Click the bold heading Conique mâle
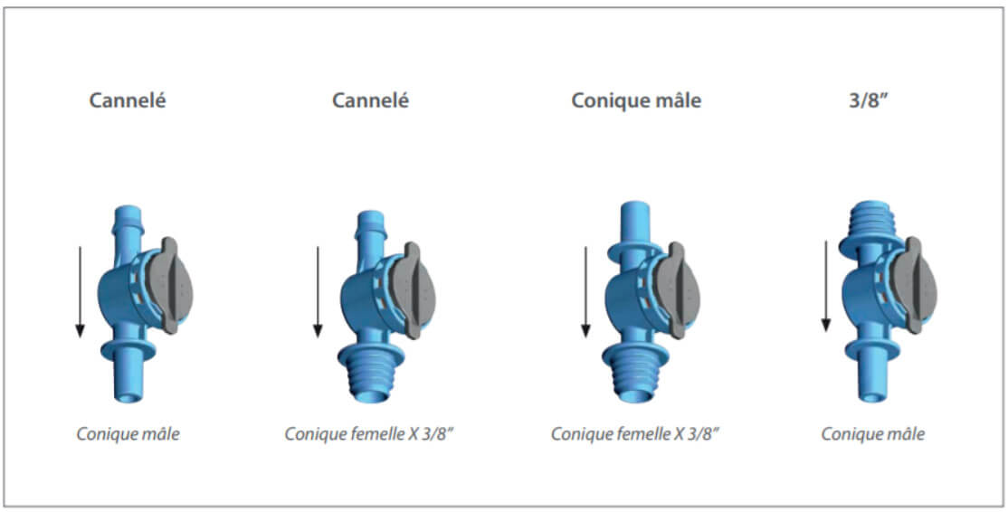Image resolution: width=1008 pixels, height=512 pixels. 636,100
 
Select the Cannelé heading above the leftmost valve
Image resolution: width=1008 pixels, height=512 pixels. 128,100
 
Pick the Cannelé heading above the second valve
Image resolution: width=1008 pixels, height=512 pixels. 370,100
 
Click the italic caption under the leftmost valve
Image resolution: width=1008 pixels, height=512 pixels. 128,434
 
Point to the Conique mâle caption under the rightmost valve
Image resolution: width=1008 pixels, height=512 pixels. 872,434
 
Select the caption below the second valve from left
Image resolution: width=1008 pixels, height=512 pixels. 368,434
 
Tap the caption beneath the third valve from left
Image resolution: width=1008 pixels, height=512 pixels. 635,434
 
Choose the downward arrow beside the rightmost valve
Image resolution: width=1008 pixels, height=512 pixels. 825,285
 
